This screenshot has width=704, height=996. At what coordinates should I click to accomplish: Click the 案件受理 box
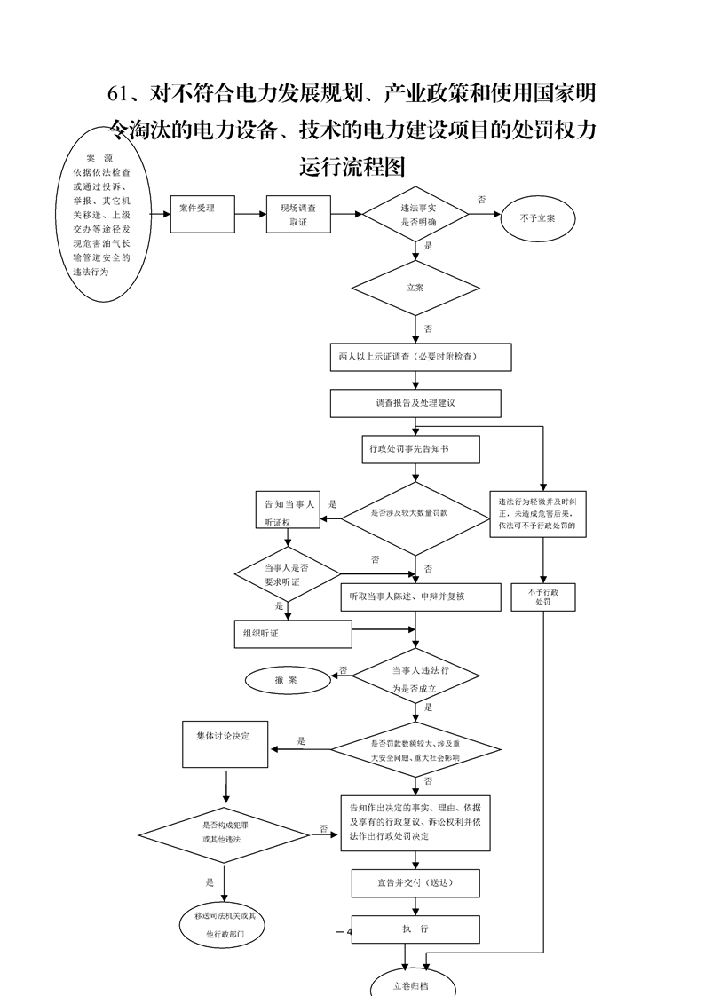203,213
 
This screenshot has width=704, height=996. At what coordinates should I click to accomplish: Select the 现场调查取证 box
297,214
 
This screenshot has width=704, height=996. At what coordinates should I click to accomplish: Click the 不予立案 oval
538,217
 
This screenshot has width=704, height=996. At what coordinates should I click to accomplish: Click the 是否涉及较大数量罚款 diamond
415,515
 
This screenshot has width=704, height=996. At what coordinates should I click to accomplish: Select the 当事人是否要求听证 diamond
287,573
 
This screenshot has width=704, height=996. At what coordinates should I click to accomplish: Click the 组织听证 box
292,634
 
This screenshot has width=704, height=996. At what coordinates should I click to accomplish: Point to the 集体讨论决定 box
225,744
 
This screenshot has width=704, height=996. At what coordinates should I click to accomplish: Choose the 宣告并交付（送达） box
415,883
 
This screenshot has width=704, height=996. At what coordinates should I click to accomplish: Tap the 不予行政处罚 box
543,597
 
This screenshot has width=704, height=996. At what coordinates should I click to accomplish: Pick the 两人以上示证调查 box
419,357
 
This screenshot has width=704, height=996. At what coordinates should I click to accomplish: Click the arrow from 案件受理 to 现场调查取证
251,214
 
